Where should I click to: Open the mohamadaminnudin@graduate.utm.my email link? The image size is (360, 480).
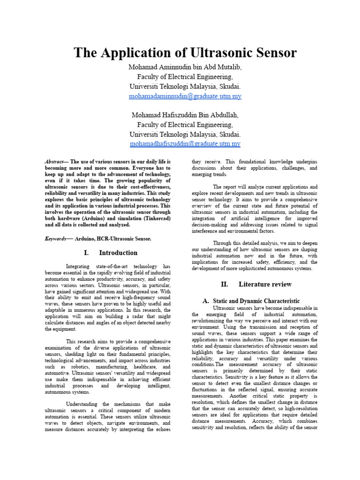[185, 96]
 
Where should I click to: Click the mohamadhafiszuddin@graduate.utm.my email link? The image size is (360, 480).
[185, 144]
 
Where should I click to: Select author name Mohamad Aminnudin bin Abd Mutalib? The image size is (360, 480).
[185, 67]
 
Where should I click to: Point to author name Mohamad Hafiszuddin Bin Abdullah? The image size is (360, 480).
[185, 115]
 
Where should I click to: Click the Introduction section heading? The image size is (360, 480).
[118, 253]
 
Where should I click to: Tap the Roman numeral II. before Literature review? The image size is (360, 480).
[225, 284]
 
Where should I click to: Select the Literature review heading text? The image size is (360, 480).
[265, 284]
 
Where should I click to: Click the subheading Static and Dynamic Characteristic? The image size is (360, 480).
[256, 300]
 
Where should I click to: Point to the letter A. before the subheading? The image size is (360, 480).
[205, 300]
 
